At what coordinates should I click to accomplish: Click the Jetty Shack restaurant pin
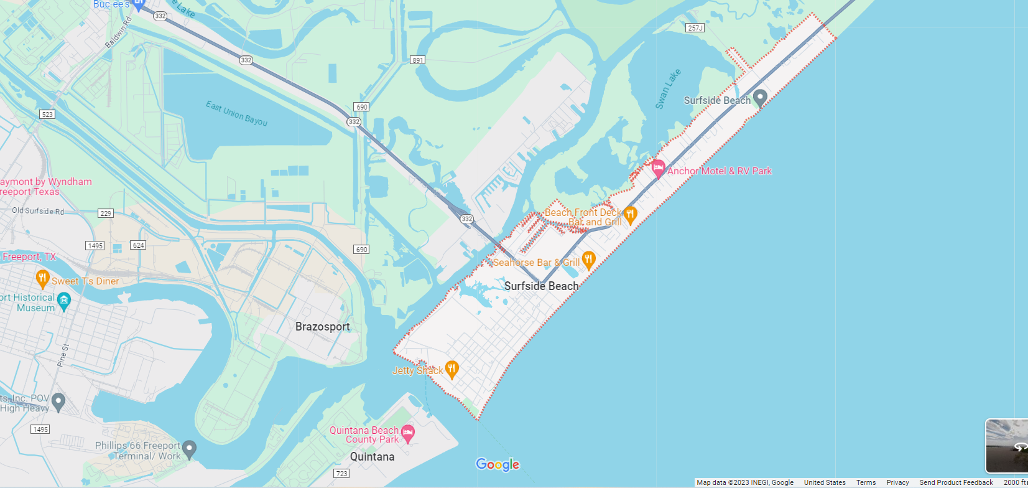(x=452, y=369)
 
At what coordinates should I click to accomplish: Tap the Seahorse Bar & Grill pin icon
(x=588, y=260)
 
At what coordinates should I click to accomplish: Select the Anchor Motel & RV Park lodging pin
(x=658, y=169)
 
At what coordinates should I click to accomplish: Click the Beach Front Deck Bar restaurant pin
(x=630, y=215)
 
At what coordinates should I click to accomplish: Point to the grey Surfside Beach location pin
(x=759, y=98)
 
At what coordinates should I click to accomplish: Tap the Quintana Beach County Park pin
(x=408, y=433)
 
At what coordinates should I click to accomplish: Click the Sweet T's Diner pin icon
(x=42, y=279)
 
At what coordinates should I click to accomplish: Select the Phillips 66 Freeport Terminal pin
(x=190, y=448)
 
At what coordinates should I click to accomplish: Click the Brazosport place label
(x=322, y=327)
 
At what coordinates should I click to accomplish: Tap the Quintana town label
(x=372, y=457)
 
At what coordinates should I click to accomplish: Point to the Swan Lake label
(x=668, y=89)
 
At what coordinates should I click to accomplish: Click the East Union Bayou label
(x=236, y=113)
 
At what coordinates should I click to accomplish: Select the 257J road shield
(x=695, y=28)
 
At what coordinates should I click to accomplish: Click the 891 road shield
(x=417, y=60)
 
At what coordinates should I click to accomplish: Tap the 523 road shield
(x=47, y=115)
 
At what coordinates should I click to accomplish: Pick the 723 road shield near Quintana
(x=342, y=474)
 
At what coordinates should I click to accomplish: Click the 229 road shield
(x=106, y=213)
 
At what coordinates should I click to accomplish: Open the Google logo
(x=498, y=464)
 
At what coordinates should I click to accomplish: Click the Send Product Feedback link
(x=956, y=482)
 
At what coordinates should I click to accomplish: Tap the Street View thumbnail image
(x=1007, y=446)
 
